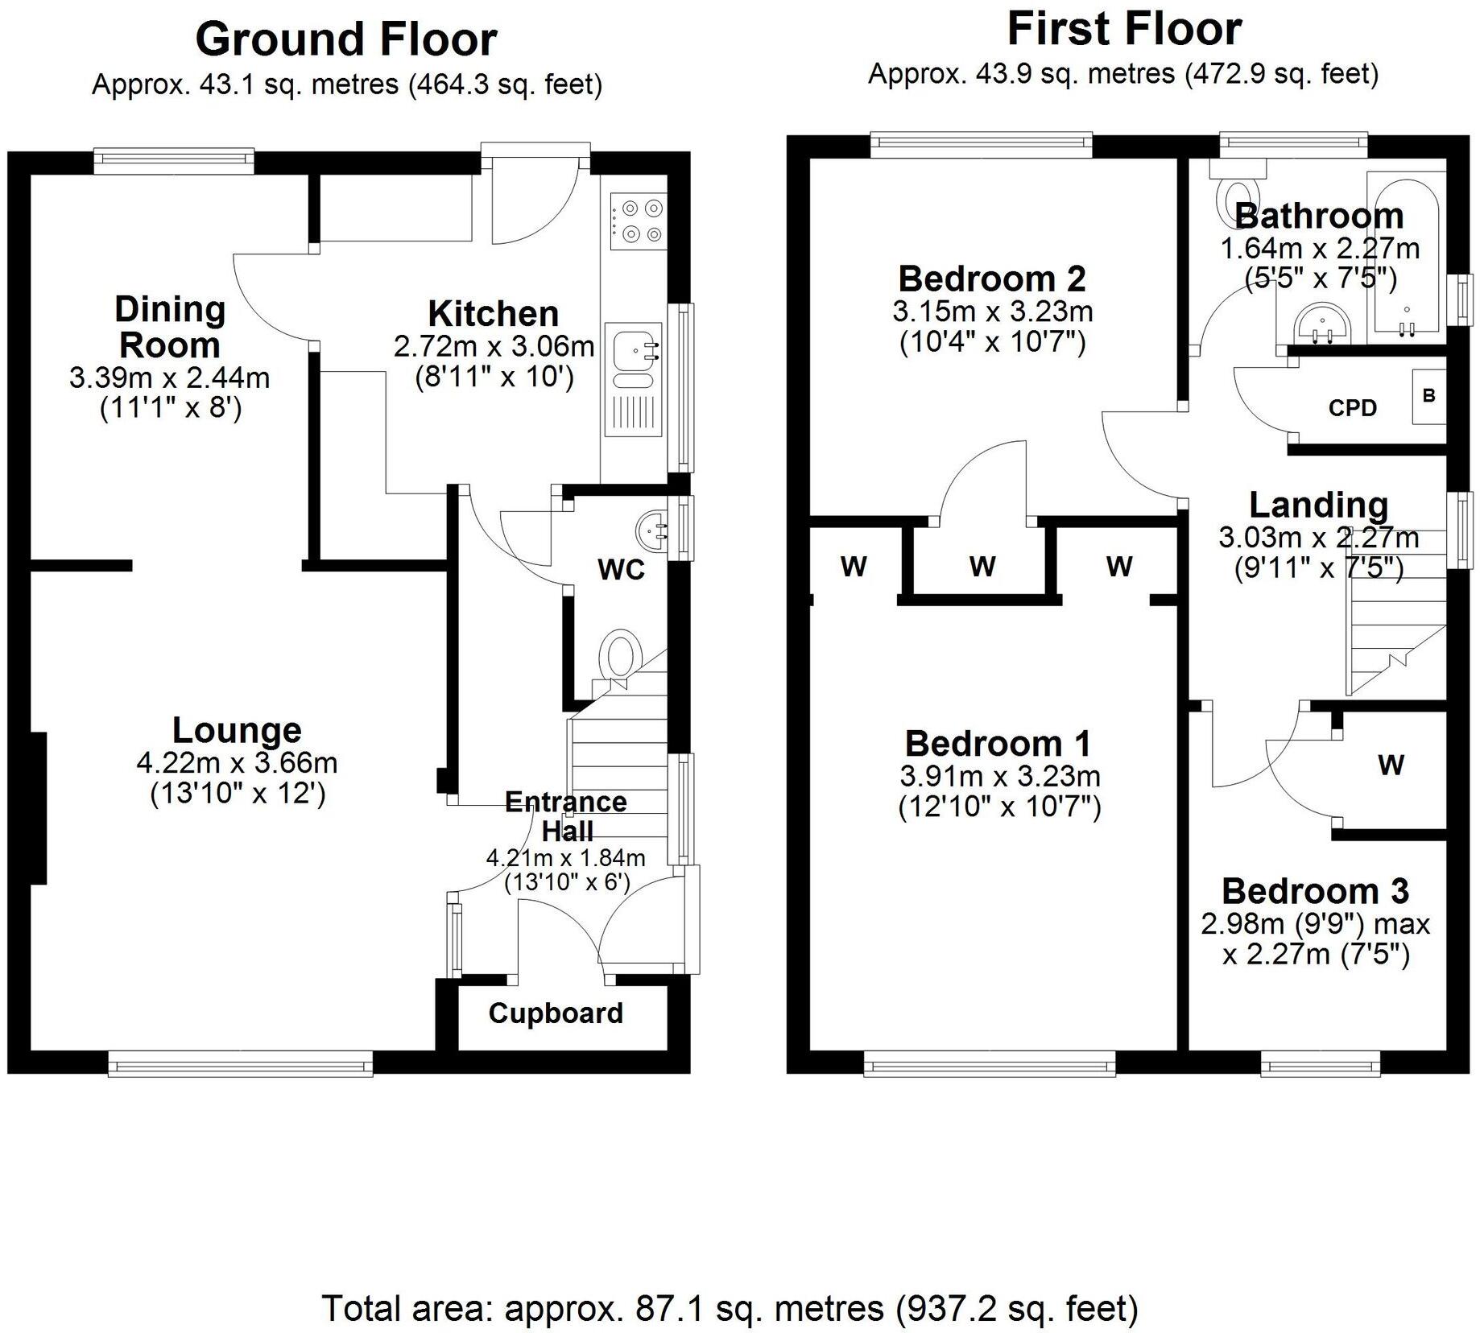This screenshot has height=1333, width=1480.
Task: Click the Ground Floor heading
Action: point(346,39)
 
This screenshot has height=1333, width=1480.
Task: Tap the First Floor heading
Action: point(1123,30)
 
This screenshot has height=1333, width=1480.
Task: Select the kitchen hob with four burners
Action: point(639,221)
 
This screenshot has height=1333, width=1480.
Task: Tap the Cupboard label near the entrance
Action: point(556,1013)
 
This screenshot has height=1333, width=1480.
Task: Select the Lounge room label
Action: point(237,730)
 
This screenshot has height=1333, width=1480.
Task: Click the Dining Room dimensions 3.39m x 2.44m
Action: point(170,378)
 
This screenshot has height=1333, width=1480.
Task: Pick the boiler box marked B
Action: point(1428,396)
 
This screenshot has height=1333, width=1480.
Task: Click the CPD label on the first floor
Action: point(1352,408)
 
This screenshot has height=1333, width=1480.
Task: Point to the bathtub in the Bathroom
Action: point(1406,258)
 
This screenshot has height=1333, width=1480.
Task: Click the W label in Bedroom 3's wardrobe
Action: point(1391,765)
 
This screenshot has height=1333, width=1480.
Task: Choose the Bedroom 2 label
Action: point(992,279)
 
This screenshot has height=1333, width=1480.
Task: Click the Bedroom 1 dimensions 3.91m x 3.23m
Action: point(999,776)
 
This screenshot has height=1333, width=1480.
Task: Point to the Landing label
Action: point(1318,505)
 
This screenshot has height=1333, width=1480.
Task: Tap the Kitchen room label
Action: point(493,313)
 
